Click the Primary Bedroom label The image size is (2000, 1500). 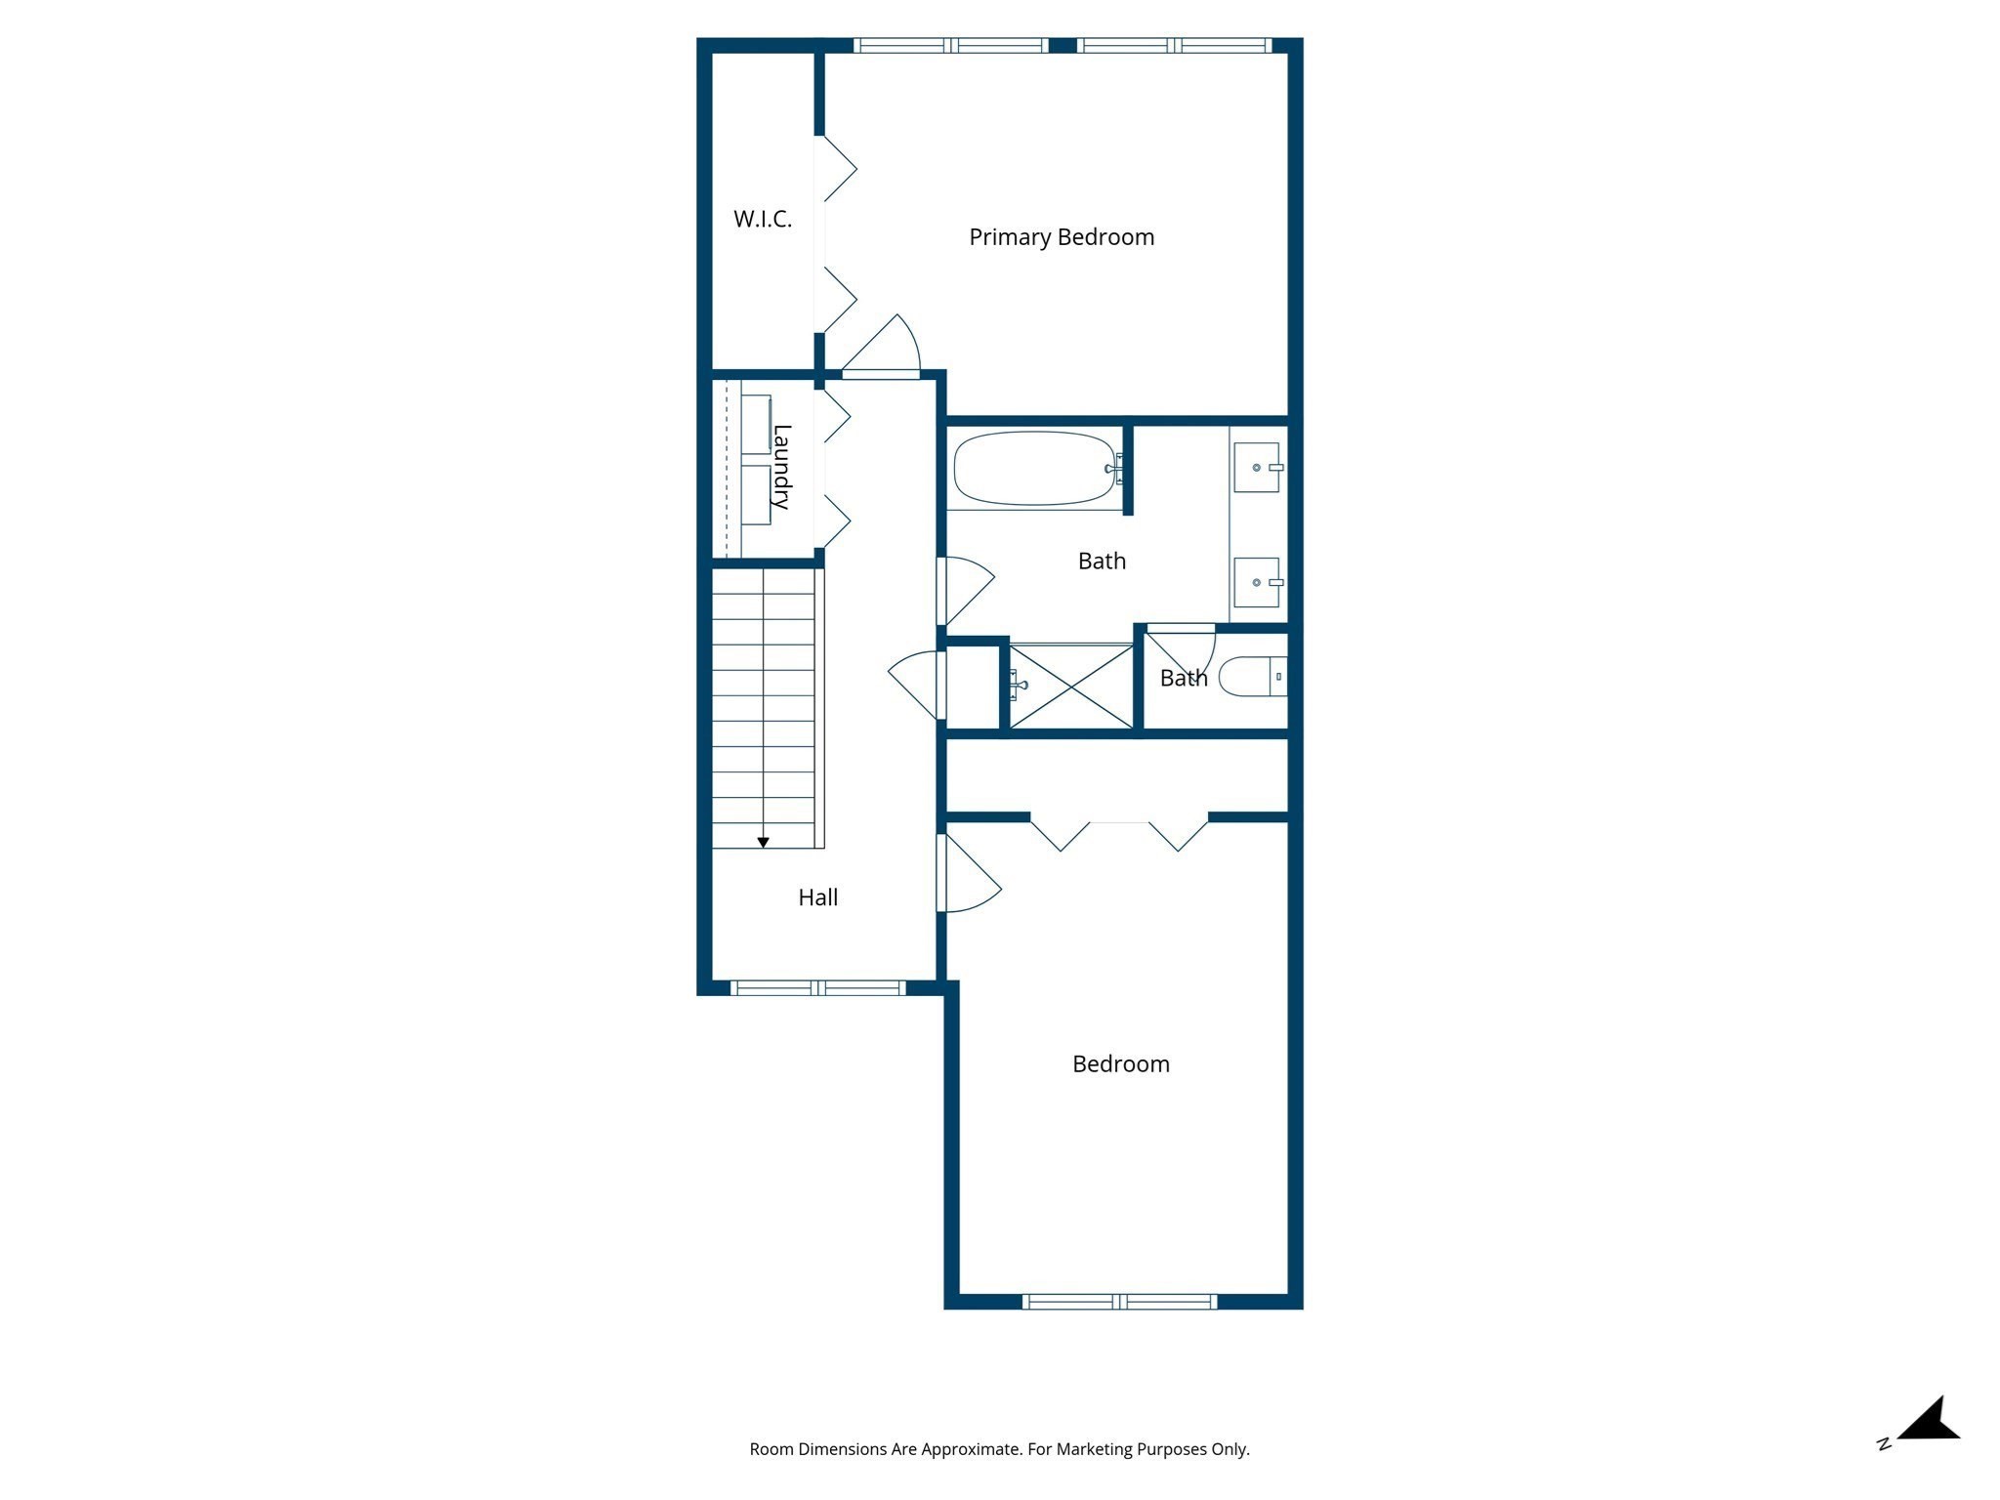pyautogui.click(x=1062, y=237)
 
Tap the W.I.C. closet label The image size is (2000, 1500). pyautogui.click(x=763, y=219)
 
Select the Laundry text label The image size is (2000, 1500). pyautogui.click(x=781, y=467)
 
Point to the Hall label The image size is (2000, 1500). pyautogui.click(x=817, y=897)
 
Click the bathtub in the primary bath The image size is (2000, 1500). pyautogui.click(x=1034, y=469)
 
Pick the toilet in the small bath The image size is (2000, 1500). pyautogui.click(x=1251, y=677)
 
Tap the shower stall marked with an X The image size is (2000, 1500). pyautogui.click(x=1071, y=687)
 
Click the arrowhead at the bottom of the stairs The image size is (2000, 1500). pyautogui.click(x=764, y=842)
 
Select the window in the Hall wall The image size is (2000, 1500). pyautogui.click(x=818, y=987)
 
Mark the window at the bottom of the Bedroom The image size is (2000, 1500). pyautogui.click(x=1119, y=1301)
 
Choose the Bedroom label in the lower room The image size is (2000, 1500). pyautogui.click(x=1120, y=1063)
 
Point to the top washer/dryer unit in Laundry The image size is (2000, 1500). pyautogui.click(x=756, y=424)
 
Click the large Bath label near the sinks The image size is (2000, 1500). pyautogui.click(x=1102, y=562)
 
